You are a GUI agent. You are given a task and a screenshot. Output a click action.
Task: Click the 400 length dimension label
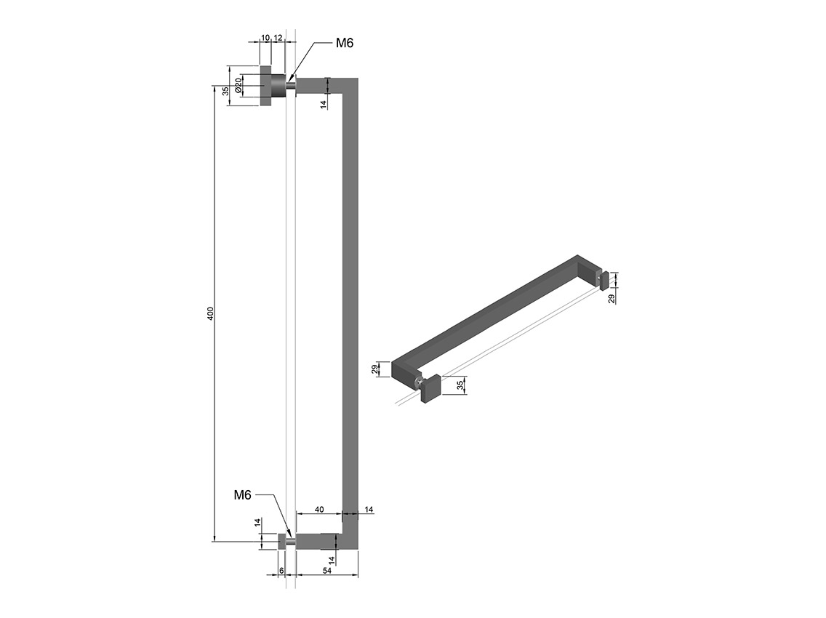211,313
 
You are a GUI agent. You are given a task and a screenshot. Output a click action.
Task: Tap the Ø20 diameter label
238,86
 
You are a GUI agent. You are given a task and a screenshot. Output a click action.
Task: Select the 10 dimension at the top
265,37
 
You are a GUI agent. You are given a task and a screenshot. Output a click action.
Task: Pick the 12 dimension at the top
278,37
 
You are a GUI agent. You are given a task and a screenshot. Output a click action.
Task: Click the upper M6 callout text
345,43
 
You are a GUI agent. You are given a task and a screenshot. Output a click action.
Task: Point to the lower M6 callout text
242,494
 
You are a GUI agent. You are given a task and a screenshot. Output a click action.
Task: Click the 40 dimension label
319,510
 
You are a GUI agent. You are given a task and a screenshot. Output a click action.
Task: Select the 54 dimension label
326,571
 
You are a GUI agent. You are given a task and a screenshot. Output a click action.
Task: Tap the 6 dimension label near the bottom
282,571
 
